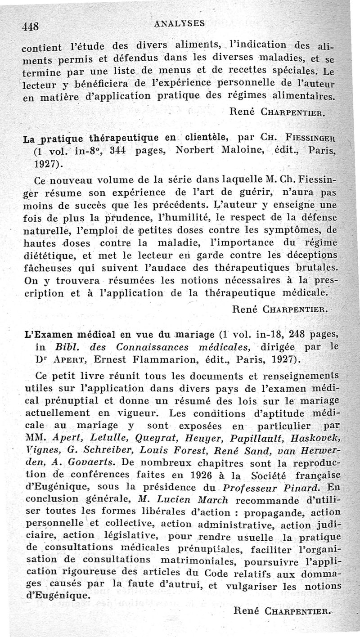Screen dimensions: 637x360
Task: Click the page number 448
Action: tap(30, 26)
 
